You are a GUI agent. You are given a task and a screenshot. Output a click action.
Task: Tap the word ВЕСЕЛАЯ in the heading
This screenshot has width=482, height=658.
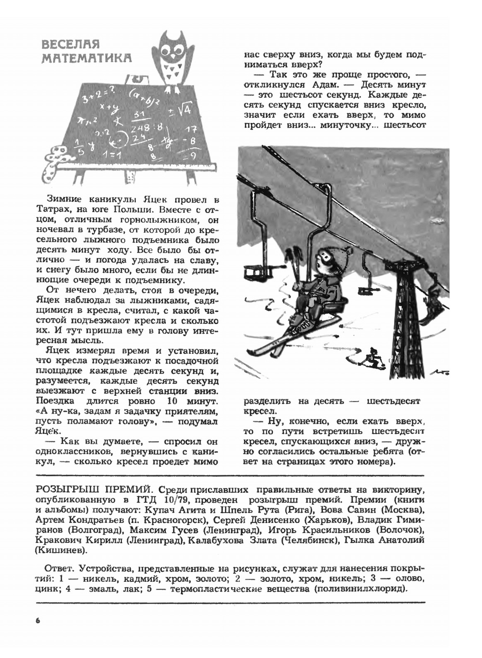(x=70, y=45)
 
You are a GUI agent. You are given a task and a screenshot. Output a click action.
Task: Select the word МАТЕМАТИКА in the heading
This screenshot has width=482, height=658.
(x=87, y=58)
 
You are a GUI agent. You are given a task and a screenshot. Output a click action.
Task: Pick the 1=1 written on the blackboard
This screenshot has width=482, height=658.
(x=114, y=155)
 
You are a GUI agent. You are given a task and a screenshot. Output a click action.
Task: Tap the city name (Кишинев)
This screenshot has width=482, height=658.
(x=61, y=550)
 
